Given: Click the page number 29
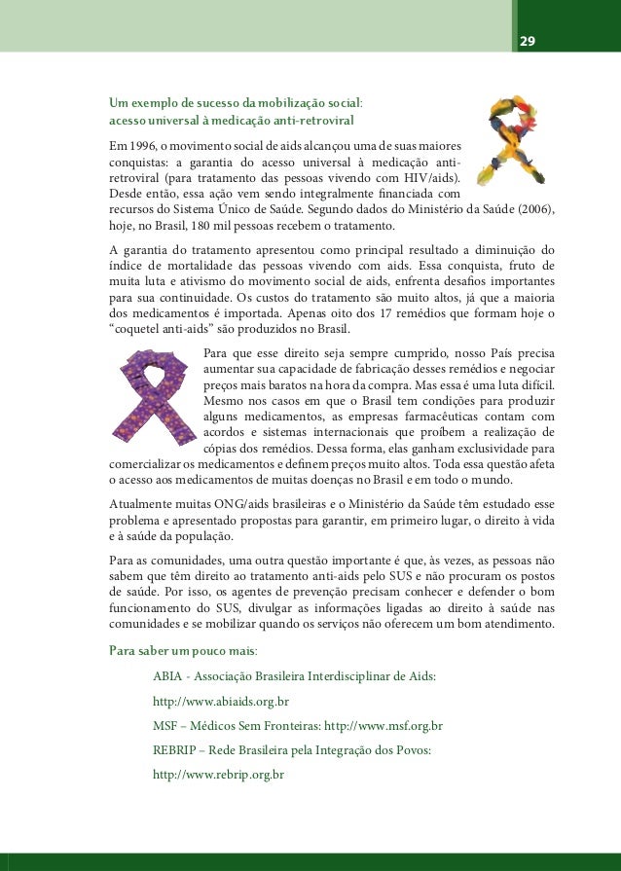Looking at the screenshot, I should (x=527, y=41).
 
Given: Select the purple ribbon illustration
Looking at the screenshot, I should (x=152, y=398).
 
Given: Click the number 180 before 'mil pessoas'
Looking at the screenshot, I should (x=204, y=224).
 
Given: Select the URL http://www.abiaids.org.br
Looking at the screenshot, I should (x=221, y=701).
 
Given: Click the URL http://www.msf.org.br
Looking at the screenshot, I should (x=383, y=726).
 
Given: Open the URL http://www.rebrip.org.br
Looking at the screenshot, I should (x=218, y=776).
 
